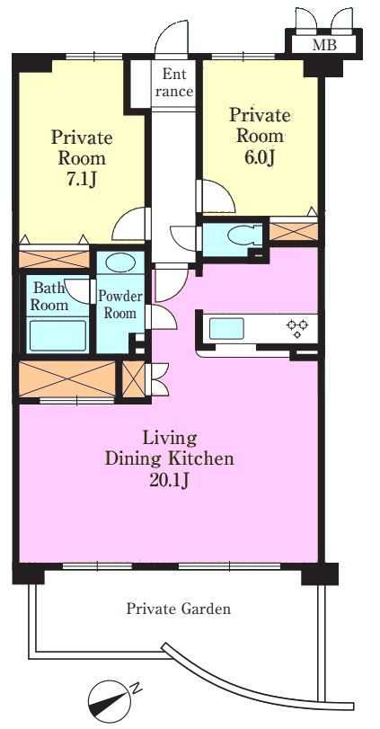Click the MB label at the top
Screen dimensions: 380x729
click(x=323, y=45)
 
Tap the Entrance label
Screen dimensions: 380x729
click(x=174, y=83)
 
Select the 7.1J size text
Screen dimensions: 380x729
click(x=81, y=180)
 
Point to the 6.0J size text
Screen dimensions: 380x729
click(x=261, y=158)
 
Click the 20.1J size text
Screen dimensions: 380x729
click(x=170, y=480)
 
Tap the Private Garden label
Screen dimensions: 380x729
click(x=179, y=609)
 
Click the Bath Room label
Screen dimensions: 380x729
click(x=49, y=297)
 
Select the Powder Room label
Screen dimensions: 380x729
click(x=119, y=305)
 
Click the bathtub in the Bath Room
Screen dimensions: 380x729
click(x=58, y=335)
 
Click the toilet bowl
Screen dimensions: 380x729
click(x=242, y=236)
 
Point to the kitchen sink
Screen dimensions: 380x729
click(x=226, y=328)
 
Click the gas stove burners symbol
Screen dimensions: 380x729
click(x=297, y=328)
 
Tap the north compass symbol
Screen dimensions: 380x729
click(x=110, y=697)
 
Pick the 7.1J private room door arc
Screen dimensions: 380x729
click(x=130, y=223)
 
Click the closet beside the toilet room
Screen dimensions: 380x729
click(x=294, y=231)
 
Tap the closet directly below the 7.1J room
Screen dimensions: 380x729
click(x=54, y=260)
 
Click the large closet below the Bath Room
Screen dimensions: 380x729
click(x=66, y=379)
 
